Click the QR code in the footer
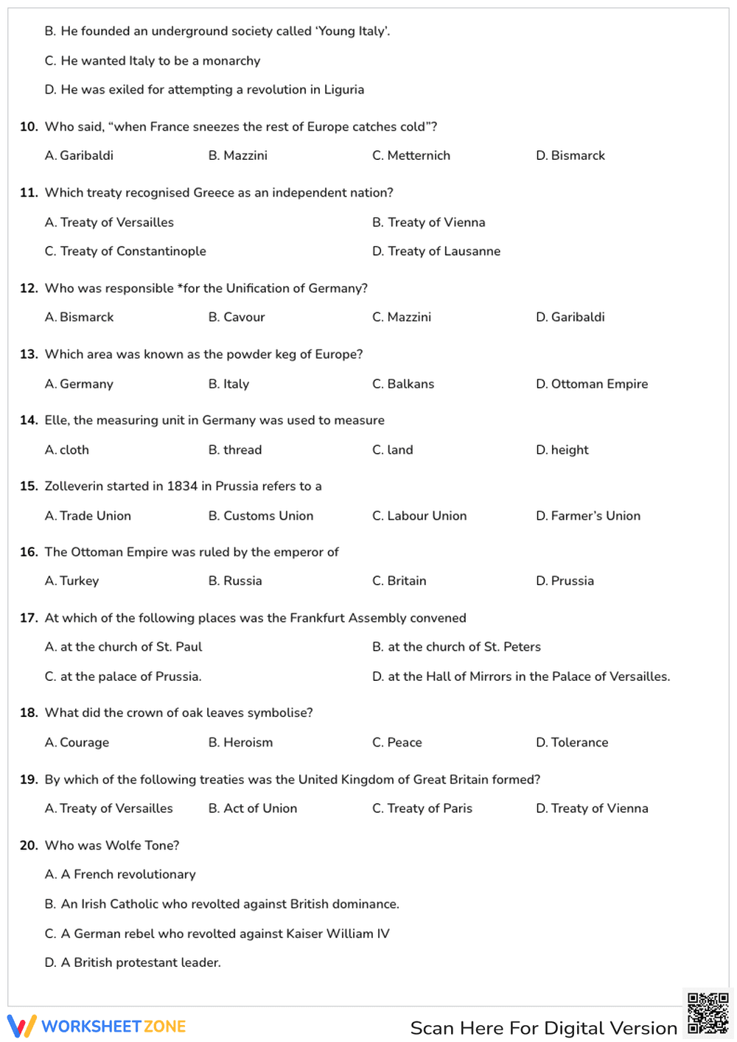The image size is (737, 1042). (708, 1013)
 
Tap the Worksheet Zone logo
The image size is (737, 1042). (97, 1026)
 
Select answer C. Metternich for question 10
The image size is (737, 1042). (411, 155)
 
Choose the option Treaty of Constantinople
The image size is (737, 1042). (125, 251)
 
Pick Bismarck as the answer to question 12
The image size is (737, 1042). (79, 317)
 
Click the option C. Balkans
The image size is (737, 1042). (403, 384)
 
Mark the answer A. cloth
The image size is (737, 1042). (67, 450)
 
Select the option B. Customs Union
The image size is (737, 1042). (261, 516)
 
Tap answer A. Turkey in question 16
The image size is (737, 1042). (71, 581)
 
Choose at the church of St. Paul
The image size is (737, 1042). (123, 647)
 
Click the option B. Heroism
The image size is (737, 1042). (240, 742)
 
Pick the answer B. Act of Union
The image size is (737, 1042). (253, 808)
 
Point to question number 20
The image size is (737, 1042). (29, 845)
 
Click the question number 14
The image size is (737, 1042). (29, 420)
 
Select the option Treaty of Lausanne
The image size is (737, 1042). (436, 251)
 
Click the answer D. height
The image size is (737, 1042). (562, 450)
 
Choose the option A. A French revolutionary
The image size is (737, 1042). (120, 874)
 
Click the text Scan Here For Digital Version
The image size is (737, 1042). (543, 1028)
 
